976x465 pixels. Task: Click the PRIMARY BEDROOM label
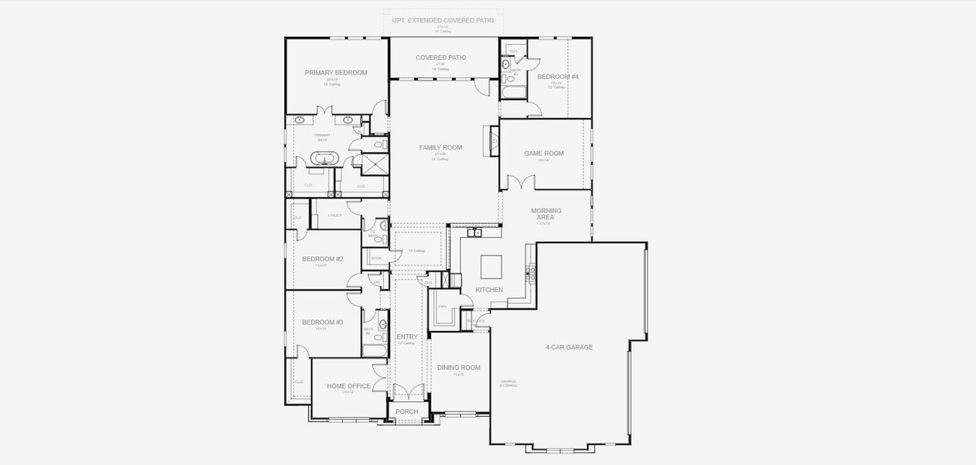point(336,73)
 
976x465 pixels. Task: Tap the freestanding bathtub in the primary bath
point(324,160)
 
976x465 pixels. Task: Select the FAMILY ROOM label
point(440,147)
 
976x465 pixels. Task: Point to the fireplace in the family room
point(493,140)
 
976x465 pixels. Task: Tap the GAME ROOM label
point(543,153)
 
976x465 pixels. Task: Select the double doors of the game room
point(521,183)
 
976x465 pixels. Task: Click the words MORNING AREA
point(546,214)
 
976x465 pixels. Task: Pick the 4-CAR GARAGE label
point(569,347)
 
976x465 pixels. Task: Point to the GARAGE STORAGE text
point(509,382)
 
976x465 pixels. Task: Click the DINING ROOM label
point(458,367)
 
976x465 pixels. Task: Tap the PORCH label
point(406,412)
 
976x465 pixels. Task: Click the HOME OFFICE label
point(348,386)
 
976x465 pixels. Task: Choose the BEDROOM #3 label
point(322,322)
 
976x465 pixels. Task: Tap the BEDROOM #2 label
point(322,259)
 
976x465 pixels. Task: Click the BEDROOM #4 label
point(557,77)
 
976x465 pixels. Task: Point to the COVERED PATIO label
point(440,57)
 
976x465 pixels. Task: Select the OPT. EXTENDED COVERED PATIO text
point(443,19)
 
